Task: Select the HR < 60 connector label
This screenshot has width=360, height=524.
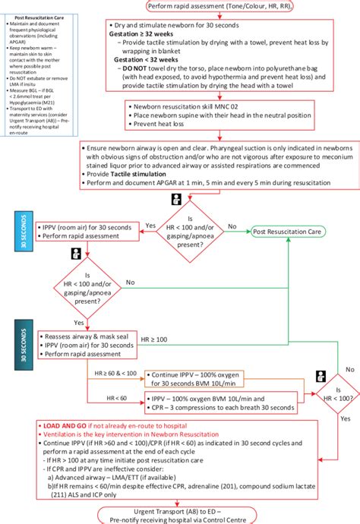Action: point(116,396)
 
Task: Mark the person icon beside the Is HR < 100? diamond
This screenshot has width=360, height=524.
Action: point(320,375)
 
